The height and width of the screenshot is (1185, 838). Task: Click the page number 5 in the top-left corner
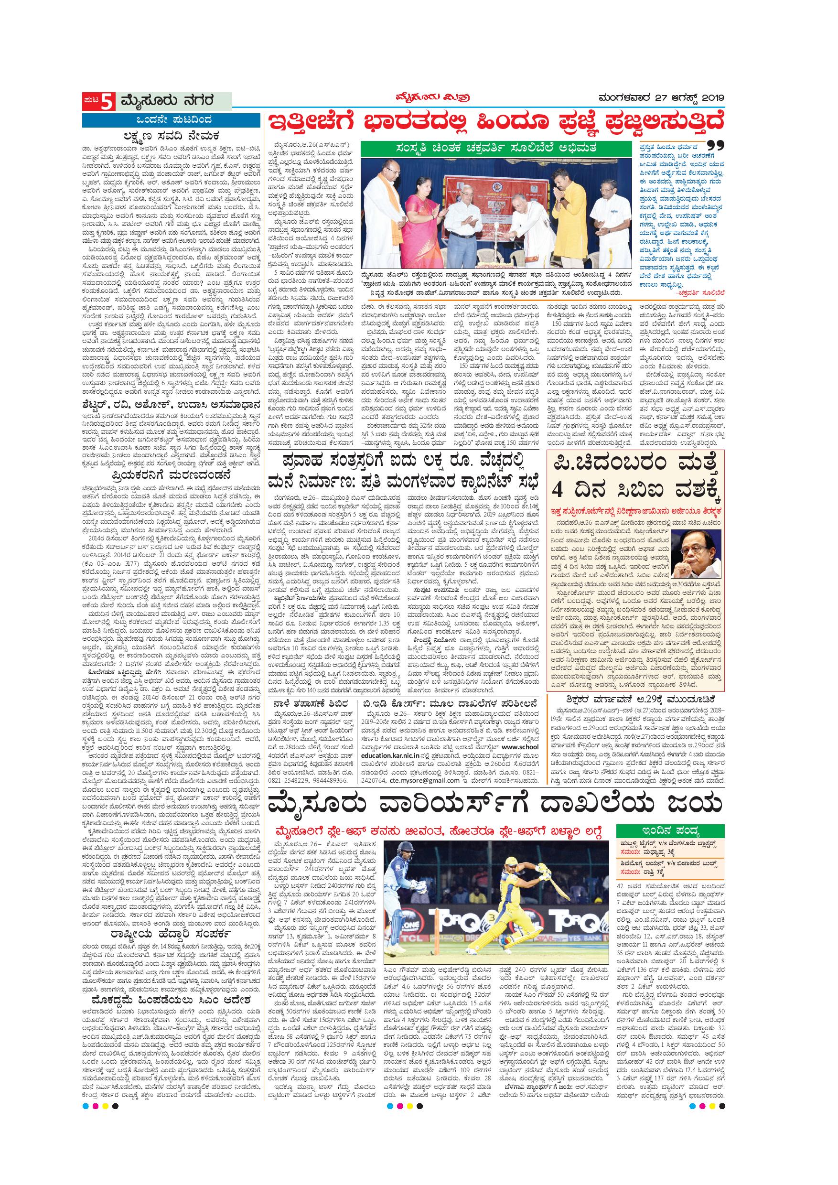point(106,102)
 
